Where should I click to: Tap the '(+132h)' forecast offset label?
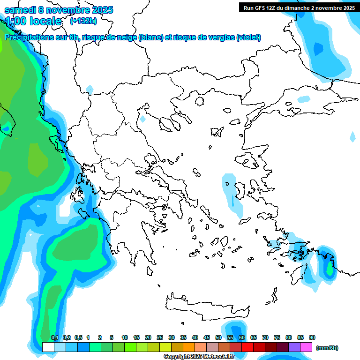pos(83,21)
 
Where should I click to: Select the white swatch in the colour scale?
pos(48,347)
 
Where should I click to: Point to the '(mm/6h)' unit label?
pos(327,348)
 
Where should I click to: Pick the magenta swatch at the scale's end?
pos(306,347)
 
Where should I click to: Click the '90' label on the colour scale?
pos(312,337)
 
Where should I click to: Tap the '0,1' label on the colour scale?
pos(54,337)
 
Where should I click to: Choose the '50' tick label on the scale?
pos(218,337)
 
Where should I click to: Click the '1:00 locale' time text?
pos(33,21)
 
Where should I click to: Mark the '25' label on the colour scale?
pos(160,337)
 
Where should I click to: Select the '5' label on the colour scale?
pos(112,337)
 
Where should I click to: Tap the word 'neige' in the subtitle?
pos(127,37)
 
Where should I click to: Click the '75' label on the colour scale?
pos(277,337)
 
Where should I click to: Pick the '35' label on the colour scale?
pos(183,337)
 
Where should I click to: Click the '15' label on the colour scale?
pos(136,337)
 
